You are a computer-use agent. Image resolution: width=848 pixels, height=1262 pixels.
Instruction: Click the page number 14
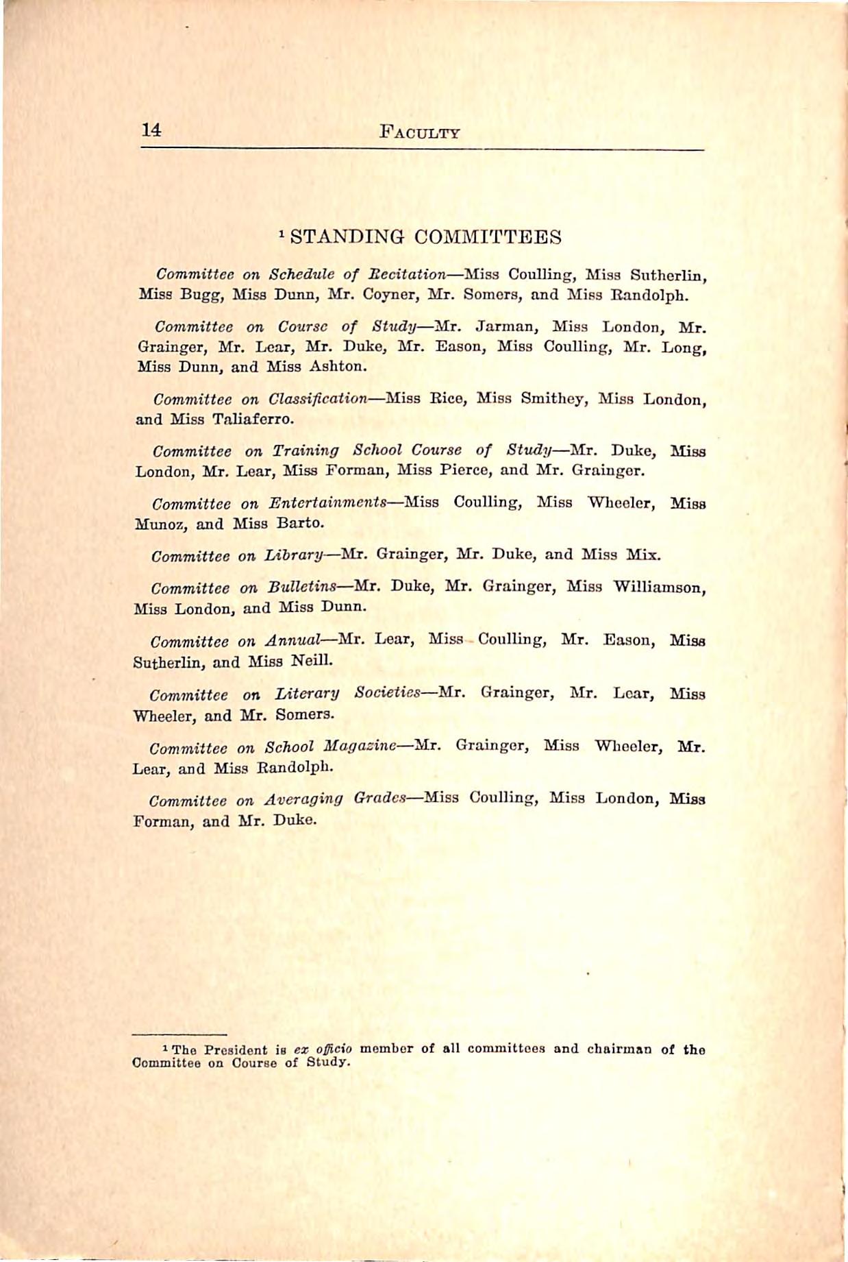click(151, 130)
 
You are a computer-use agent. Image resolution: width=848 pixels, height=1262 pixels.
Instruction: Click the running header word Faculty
click(419, 132)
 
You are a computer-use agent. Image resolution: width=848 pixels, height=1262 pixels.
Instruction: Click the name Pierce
click(460, 471)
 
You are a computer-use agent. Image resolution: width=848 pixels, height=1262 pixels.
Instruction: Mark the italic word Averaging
click(303, 799)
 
